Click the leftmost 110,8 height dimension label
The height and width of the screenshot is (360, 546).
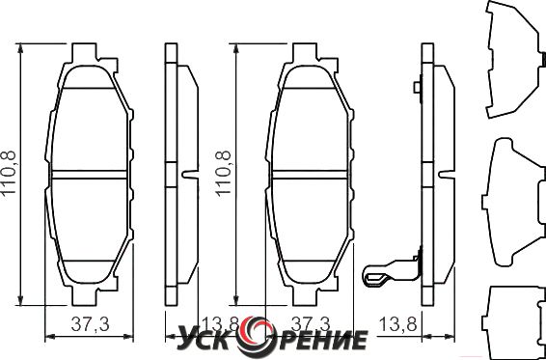click(9, 173)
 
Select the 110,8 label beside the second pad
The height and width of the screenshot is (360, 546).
click(223, 173)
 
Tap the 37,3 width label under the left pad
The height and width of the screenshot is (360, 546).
click(90, 325)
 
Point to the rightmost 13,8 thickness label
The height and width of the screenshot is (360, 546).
click(397, 325)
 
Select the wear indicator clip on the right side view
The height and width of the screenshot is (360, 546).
click(393, 272)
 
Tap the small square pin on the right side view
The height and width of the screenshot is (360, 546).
click(417, 87)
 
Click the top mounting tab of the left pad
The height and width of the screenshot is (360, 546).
click(84, 52)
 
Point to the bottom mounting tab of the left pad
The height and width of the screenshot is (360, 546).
click(84, 296)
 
